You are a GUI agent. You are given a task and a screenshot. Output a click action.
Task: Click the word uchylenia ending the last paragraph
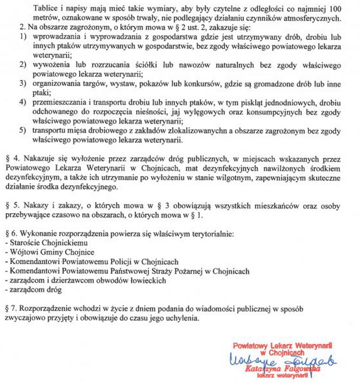tap(177, 318)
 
